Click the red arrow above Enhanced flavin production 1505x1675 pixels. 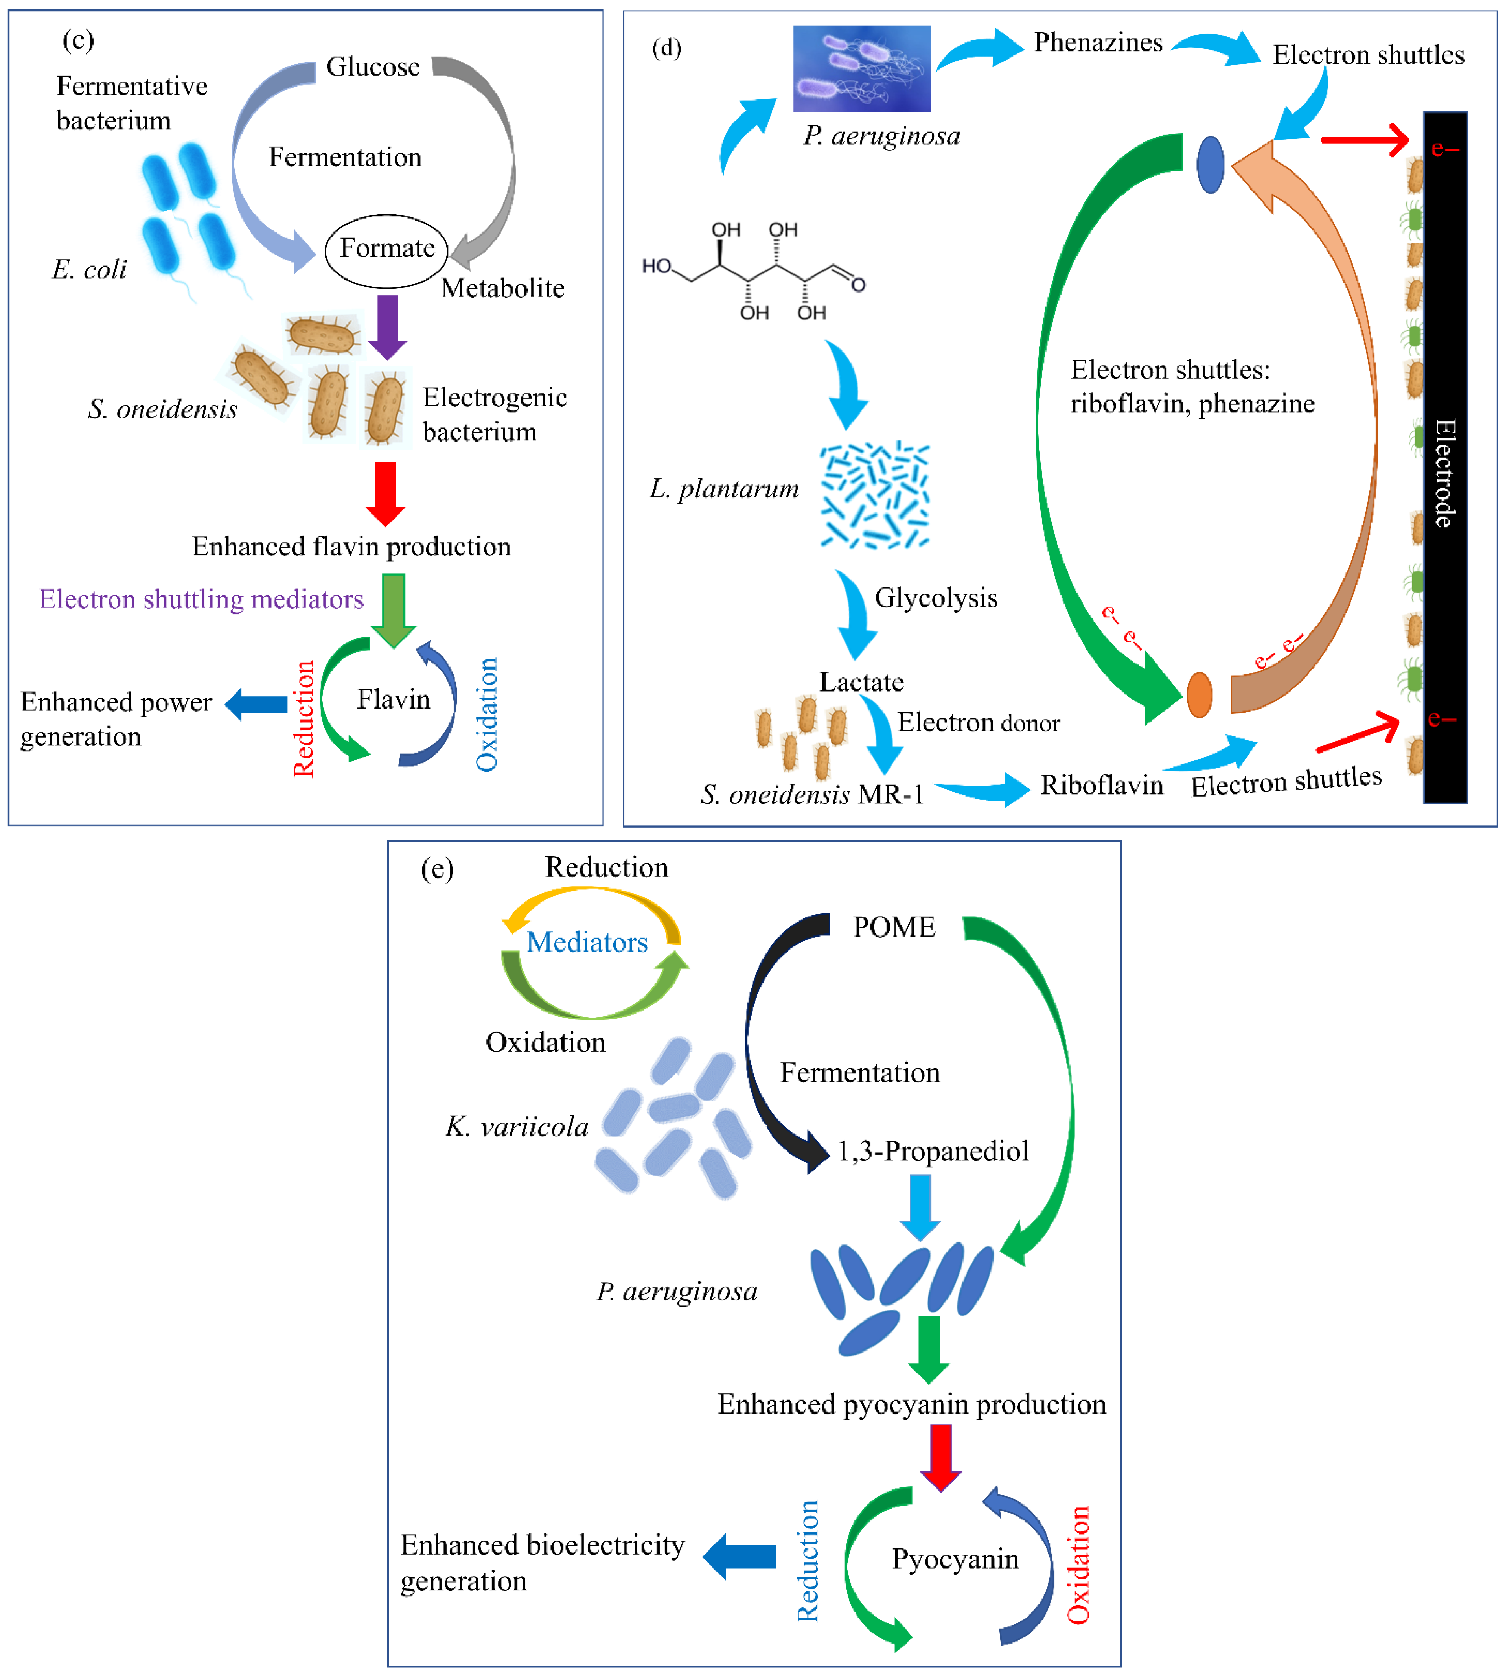385,493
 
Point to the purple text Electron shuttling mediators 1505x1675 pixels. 202,599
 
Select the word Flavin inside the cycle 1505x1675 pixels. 394,700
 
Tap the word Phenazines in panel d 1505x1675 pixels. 1098,42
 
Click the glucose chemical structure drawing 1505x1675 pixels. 752,271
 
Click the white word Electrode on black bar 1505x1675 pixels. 1444,473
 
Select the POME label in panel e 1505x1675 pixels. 894,927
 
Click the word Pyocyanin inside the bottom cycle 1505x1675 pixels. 955,1559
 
